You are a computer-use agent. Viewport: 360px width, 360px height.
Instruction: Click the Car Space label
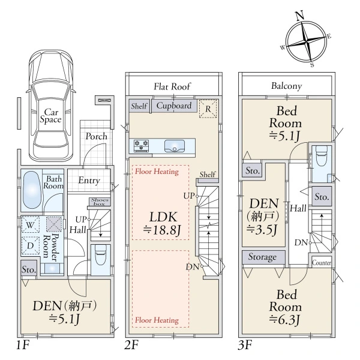click(x=51, y=116)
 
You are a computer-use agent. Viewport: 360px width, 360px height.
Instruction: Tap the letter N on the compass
click(x=300, y=16)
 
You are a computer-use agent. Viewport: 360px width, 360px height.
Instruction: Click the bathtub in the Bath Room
click(x=32, y=191)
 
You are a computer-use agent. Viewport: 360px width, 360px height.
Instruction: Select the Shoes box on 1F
click(x=100, y=202)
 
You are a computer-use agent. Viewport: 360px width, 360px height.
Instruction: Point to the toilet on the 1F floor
click(x=101, y=256)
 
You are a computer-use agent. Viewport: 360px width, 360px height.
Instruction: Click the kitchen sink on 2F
click(x=175, y=146)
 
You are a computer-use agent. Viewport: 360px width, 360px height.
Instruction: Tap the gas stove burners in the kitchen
click(x=141, y=146)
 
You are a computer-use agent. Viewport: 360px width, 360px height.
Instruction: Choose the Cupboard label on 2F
click(x=174, y=106)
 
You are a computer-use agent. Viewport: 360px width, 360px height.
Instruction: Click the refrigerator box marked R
click(x=208, y=109)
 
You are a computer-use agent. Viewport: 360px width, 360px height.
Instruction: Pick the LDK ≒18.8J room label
click(x=163, y=223)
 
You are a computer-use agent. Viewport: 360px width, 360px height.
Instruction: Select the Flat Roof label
click(x=172, y=86)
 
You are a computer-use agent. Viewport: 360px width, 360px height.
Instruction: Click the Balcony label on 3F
click(x=286, y=86)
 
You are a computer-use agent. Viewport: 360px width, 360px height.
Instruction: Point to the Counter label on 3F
click(x=322, y=263)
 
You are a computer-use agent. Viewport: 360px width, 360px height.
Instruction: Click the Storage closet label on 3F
click(x=262, y=257)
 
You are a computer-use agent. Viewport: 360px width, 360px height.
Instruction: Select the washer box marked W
click(x=31, y=224)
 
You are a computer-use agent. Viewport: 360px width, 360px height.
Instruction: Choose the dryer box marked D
click(x=31, y=245)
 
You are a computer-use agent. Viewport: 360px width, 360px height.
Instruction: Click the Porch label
click(x=96, y=136)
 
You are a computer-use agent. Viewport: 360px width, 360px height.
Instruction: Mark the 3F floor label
click(x=245, y=345)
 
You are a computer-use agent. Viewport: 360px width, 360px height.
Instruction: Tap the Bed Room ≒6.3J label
click(x=286, y=307)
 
